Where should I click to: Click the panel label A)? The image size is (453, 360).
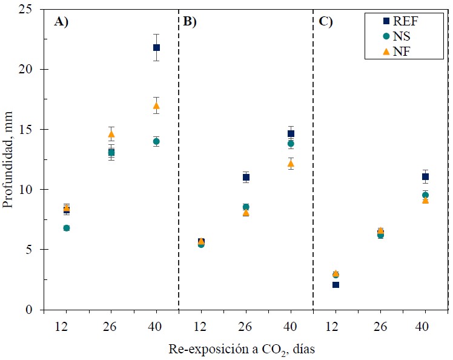(x=62, y=22)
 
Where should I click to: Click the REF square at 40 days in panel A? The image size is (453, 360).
(x=156, y=47)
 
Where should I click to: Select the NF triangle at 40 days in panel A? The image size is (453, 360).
(x=156, y=105)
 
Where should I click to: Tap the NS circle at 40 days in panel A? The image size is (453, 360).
(x=156, y=141)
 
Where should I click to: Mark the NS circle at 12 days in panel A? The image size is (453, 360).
(x=67, y=228)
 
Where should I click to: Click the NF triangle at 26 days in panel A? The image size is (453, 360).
(x=111, y=134)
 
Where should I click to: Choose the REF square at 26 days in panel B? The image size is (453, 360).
(x=246, y=177)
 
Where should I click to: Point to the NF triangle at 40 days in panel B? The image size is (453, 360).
(x=291, y=163)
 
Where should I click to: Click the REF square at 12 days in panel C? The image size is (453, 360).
(x=336, y=284)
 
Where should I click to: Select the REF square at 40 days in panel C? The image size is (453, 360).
(x=425, y=176)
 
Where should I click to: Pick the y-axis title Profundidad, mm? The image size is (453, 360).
(x=8, y=160)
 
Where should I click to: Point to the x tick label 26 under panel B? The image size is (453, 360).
(x=246, y=326)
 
